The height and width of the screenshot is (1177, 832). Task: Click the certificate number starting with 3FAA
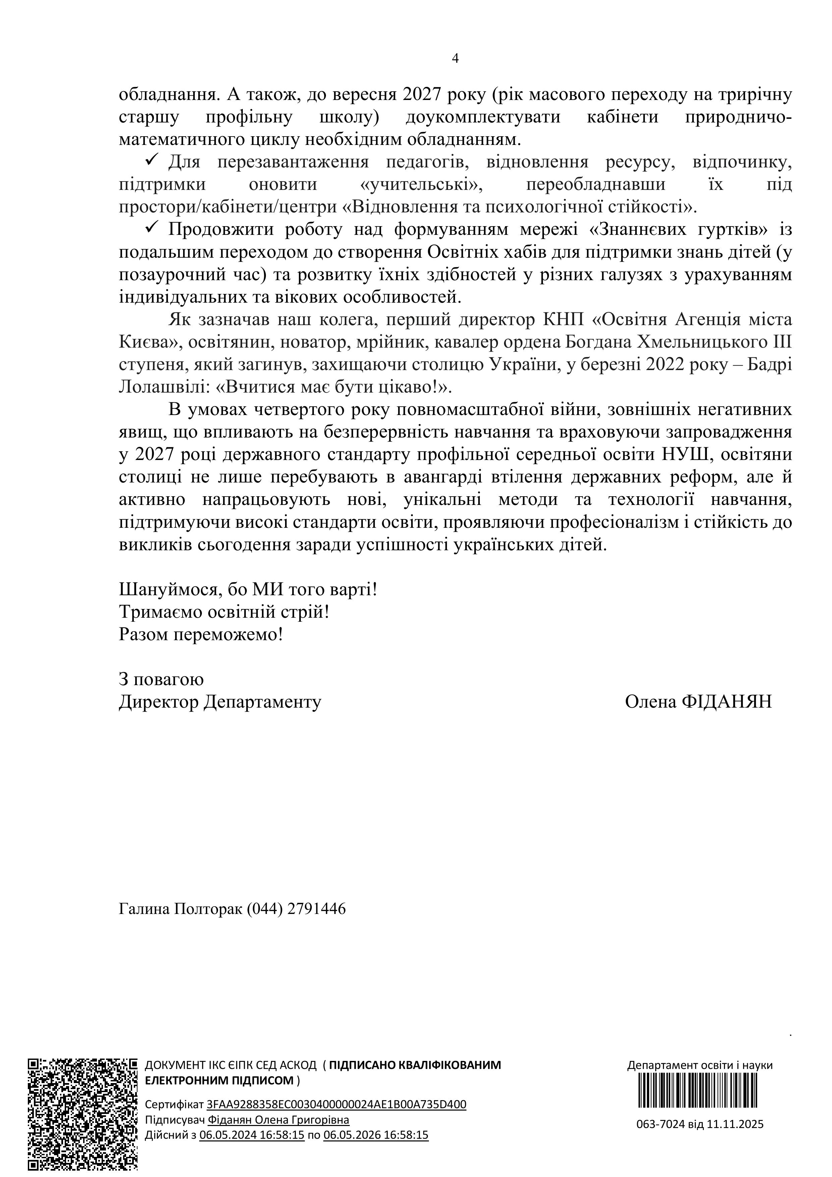tap(336, 1104)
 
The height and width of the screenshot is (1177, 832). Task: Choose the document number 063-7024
tap(660, 1124)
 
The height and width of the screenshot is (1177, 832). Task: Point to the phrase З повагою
tap(161, 679)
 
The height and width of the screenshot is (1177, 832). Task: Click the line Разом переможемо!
tap(201, 635)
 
